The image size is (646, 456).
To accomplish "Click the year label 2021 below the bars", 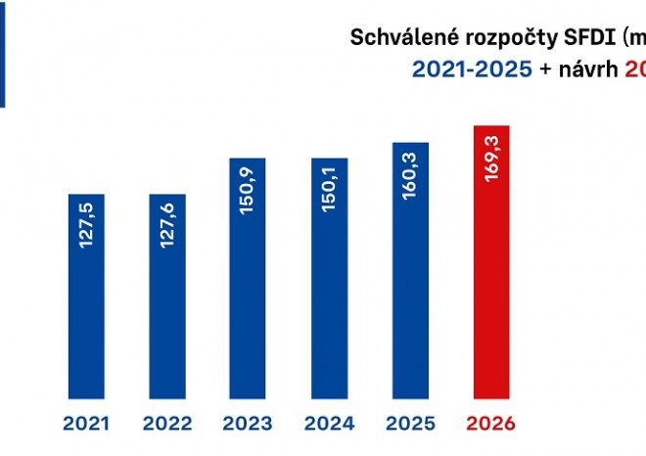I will point(86,425).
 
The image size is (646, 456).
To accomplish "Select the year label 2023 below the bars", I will point(249,425).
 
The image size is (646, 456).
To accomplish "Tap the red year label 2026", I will point(491,425).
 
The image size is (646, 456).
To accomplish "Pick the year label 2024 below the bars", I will point(329,425).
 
